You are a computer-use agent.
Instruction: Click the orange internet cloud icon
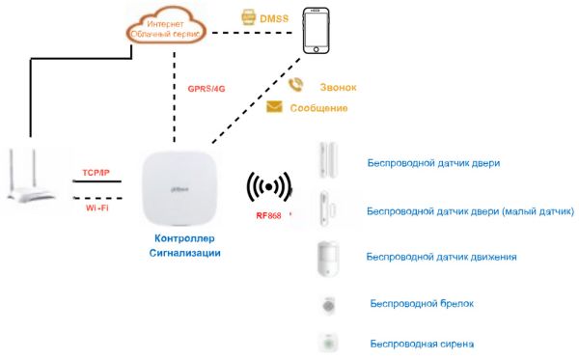click(x=167, y=27)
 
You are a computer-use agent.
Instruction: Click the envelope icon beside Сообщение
click(x=274, y=106)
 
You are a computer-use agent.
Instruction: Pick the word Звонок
click(x=337, y=87)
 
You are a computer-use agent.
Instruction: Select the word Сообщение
click(x=318, y=107)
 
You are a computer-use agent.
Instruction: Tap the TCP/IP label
click(x=96, y=172)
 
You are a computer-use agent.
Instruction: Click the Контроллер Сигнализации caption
click(x=188, y=245)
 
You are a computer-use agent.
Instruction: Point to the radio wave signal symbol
click(x=268, y=187)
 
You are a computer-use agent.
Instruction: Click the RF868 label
click(x=268, y=215)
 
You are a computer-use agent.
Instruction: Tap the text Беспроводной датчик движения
click(x=441, y=257)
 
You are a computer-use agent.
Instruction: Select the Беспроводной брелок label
click(x=421, y=303)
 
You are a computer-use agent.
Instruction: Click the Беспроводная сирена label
click(x=421, y=343)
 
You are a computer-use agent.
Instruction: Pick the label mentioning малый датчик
click(x=471, y=210)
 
